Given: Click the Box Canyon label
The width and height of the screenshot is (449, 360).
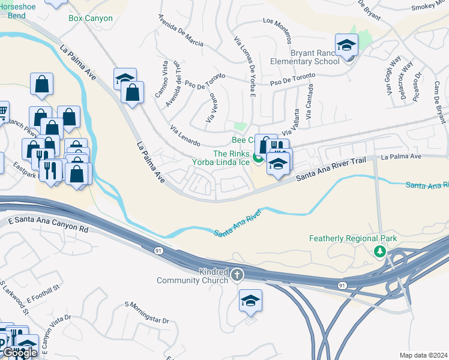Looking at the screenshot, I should pyautogui.click(x=90, y=19).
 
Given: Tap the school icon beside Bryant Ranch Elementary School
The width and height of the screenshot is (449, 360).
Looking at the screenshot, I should pyautogui.click(x=346, y=46).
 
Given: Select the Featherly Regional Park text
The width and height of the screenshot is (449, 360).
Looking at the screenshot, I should pyautogui.click(x=353, y=238).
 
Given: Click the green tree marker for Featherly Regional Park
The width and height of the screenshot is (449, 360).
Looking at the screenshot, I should pyautogui.click(x=379, y=251).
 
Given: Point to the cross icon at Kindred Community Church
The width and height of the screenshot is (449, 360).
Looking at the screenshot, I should pyautogui.click(x=237, y=275).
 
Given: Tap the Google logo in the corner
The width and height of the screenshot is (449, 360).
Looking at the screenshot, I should pyautogui.click(x=20, y=353).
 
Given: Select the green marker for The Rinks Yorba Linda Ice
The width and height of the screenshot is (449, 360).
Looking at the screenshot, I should pyautogui.click(x=258, y=158).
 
